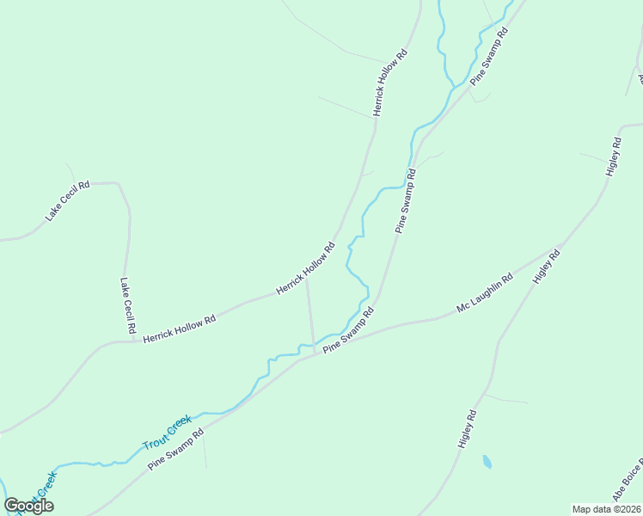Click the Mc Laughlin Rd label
(x=485, y=292)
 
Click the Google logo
(x=29, y=506)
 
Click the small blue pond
(x=487, y=462)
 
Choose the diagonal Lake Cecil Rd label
(x=68, y=201)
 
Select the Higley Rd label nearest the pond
(x=467, y=428)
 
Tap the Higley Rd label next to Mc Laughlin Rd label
(x=547, y=267)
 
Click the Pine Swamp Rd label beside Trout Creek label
(x=175, y=449)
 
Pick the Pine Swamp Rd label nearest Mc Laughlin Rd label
(x=348, y=331)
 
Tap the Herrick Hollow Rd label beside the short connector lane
(x=304, y=269)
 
